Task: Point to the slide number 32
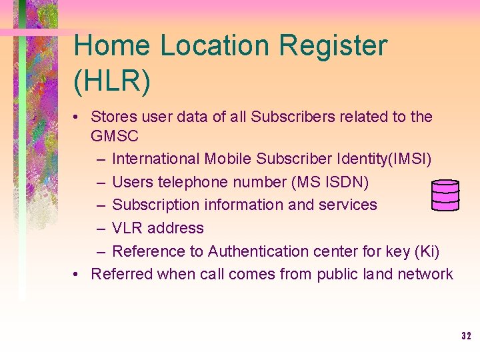466,336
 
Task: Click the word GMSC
115,137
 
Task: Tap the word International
156,159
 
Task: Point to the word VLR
127,228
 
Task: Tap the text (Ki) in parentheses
427,251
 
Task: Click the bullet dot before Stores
78,117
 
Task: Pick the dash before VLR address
99,228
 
